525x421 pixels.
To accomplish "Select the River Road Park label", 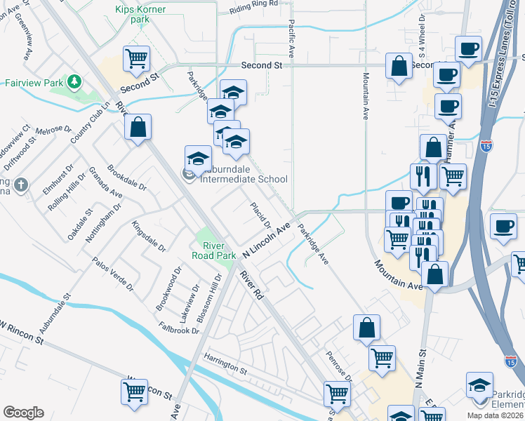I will (x=218, y=250).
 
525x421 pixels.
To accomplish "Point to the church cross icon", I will (x=22, y=185).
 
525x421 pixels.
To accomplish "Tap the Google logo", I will (x=23, y=413).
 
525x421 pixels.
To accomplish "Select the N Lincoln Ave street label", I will (x=266, y=239).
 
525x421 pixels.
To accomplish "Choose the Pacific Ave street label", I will (x=290, y=39).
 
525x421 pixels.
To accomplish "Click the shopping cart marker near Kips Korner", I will (x=137, y=59).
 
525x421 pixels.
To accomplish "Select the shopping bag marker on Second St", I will (x=399, y=67).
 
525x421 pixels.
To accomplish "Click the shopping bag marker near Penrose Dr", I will (x=366, y=328).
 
